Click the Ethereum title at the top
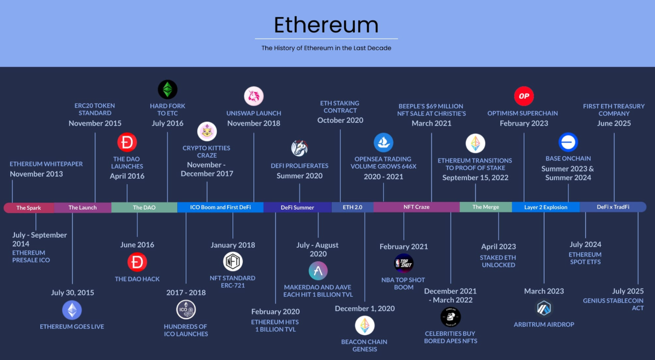coord(326,25)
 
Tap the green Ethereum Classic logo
coord(168,90)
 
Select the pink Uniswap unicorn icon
coord(254,96)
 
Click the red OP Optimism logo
coord(524,96)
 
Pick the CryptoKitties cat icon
coord(207,131)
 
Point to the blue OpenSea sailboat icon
coord(383,143)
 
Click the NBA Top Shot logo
coord(404,263)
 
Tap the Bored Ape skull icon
coord(450,317)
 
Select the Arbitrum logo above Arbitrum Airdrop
coord(544,308)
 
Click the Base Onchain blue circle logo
coord(568,142)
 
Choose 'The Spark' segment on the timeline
coord(28,208)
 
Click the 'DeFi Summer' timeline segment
coord(297,207)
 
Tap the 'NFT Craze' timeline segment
coord(417,207)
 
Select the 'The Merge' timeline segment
coord(486,207)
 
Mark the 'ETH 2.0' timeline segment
coord(352,207)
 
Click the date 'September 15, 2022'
coord(475,178)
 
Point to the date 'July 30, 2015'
coord(72,292)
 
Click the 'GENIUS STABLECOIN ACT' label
coord(613,304)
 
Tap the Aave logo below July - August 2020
coord(318,271)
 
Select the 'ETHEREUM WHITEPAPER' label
coord(46,164)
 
